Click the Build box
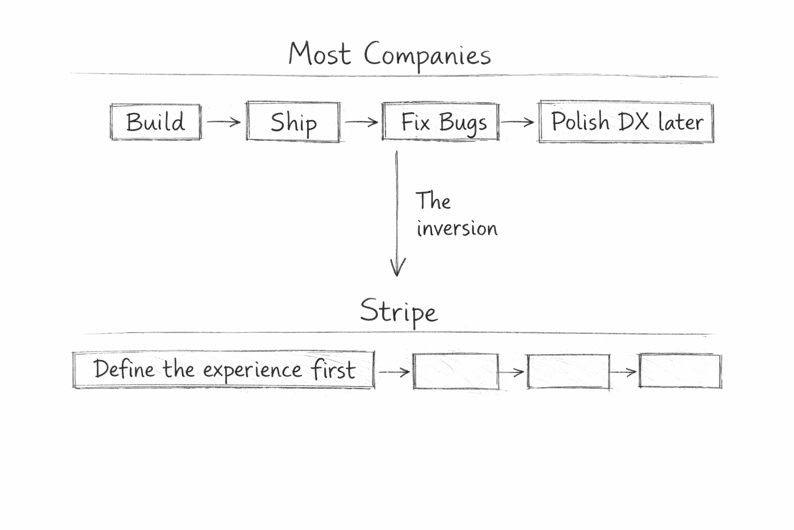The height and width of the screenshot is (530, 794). click(156, 122)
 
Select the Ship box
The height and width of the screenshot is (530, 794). click(293, 122)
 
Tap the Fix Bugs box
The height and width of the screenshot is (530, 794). click(441, 122)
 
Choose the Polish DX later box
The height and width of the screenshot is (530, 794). click(626, 122)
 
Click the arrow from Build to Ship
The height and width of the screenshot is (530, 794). click(224, 122)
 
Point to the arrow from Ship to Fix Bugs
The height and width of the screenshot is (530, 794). click(361, 122)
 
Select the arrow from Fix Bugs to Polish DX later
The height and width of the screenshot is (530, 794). click(518, 122)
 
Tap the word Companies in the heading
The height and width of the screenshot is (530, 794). click(427, 55)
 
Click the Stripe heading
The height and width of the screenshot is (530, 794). click(399, 311)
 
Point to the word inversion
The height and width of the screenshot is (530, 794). click(457, 228)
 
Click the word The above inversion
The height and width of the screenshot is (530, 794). click(433, 201)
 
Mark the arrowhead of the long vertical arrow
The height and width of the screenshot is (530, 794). click(398, 269)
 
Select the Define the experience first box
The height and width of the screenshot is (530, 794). click(223, 370)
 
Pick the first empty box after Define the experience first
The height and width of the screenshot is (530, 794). click(456, 371)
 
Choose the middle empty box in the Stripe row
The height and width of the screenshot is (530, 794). click(568, 371)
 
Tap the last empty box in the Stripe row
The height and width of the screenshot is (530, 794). click(680, 371)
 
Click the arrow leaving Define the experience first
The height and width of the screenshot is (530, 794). click(394, 372)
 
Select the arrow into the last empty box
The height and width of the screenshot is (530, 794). click(624, 372)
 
